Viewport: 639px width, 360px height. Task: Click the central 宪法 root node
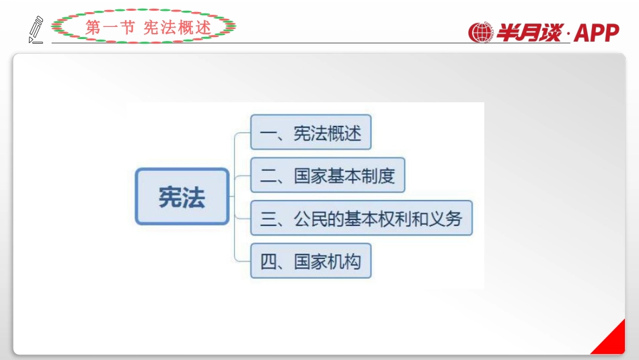(182, 196)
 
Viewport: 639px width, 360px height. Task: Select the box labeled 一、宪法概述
(311, 133)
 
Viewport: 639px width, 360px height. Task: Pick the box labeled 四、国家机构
(311, 261)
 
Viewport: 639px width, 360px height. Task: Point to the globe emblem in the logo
(481, 32)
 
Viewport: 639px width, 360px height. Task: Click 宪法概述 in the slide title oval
(178, 28)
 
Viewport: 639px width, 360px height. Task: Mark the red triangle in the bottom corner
(611, 340)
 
